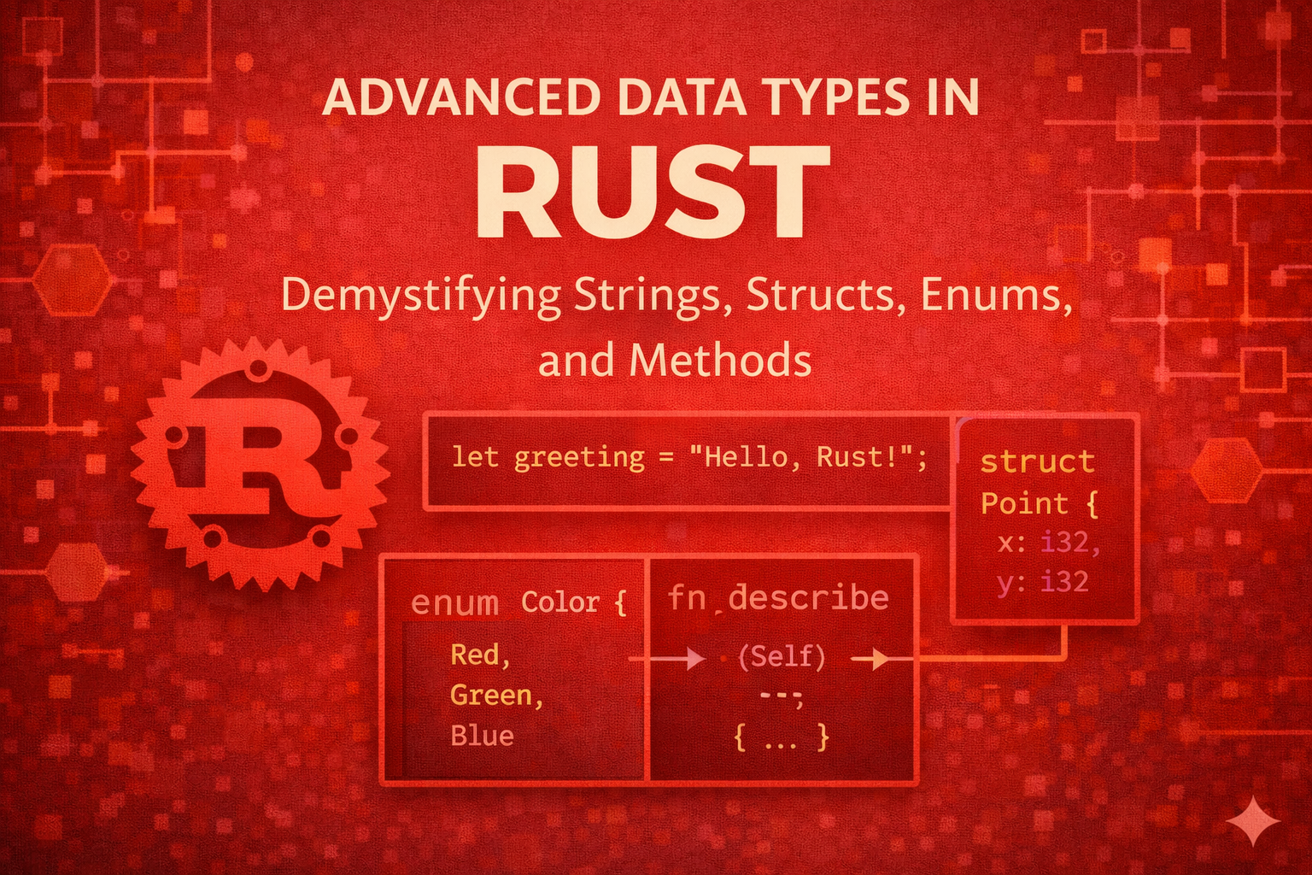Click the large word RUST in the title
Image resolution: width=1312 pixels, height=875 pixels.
(653, 194)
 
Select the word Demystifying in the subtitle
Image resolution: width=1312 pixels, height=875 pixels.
(420, 296)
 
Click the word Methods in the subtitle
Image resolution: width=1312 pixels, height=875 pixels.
(720, 361)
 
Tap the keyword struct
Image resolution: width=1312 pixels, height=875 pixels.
(1037, 461)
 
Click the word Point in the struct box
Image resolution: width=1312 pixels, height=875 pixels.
(1024, 503)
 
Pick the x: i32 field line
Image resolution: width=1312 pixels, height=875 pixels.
(1048, 543)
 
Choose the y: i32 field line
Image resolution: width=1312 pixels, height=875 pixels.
(1042, 582)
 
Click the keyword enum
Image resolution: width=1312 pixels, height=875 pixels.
(454, 603)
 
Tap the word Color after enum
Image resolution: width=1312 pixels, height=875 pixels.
(560, 602)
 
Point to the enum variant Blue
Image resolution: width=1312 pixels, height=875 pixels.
(482, 736)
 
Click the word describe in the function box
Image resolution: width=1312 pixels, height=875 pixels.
(808, 597)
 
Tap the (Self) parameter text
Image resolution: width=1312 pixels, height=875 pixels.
(782, 656)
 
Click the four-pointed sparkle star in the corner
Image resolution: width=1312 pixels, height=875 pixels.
(1253, 821)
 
